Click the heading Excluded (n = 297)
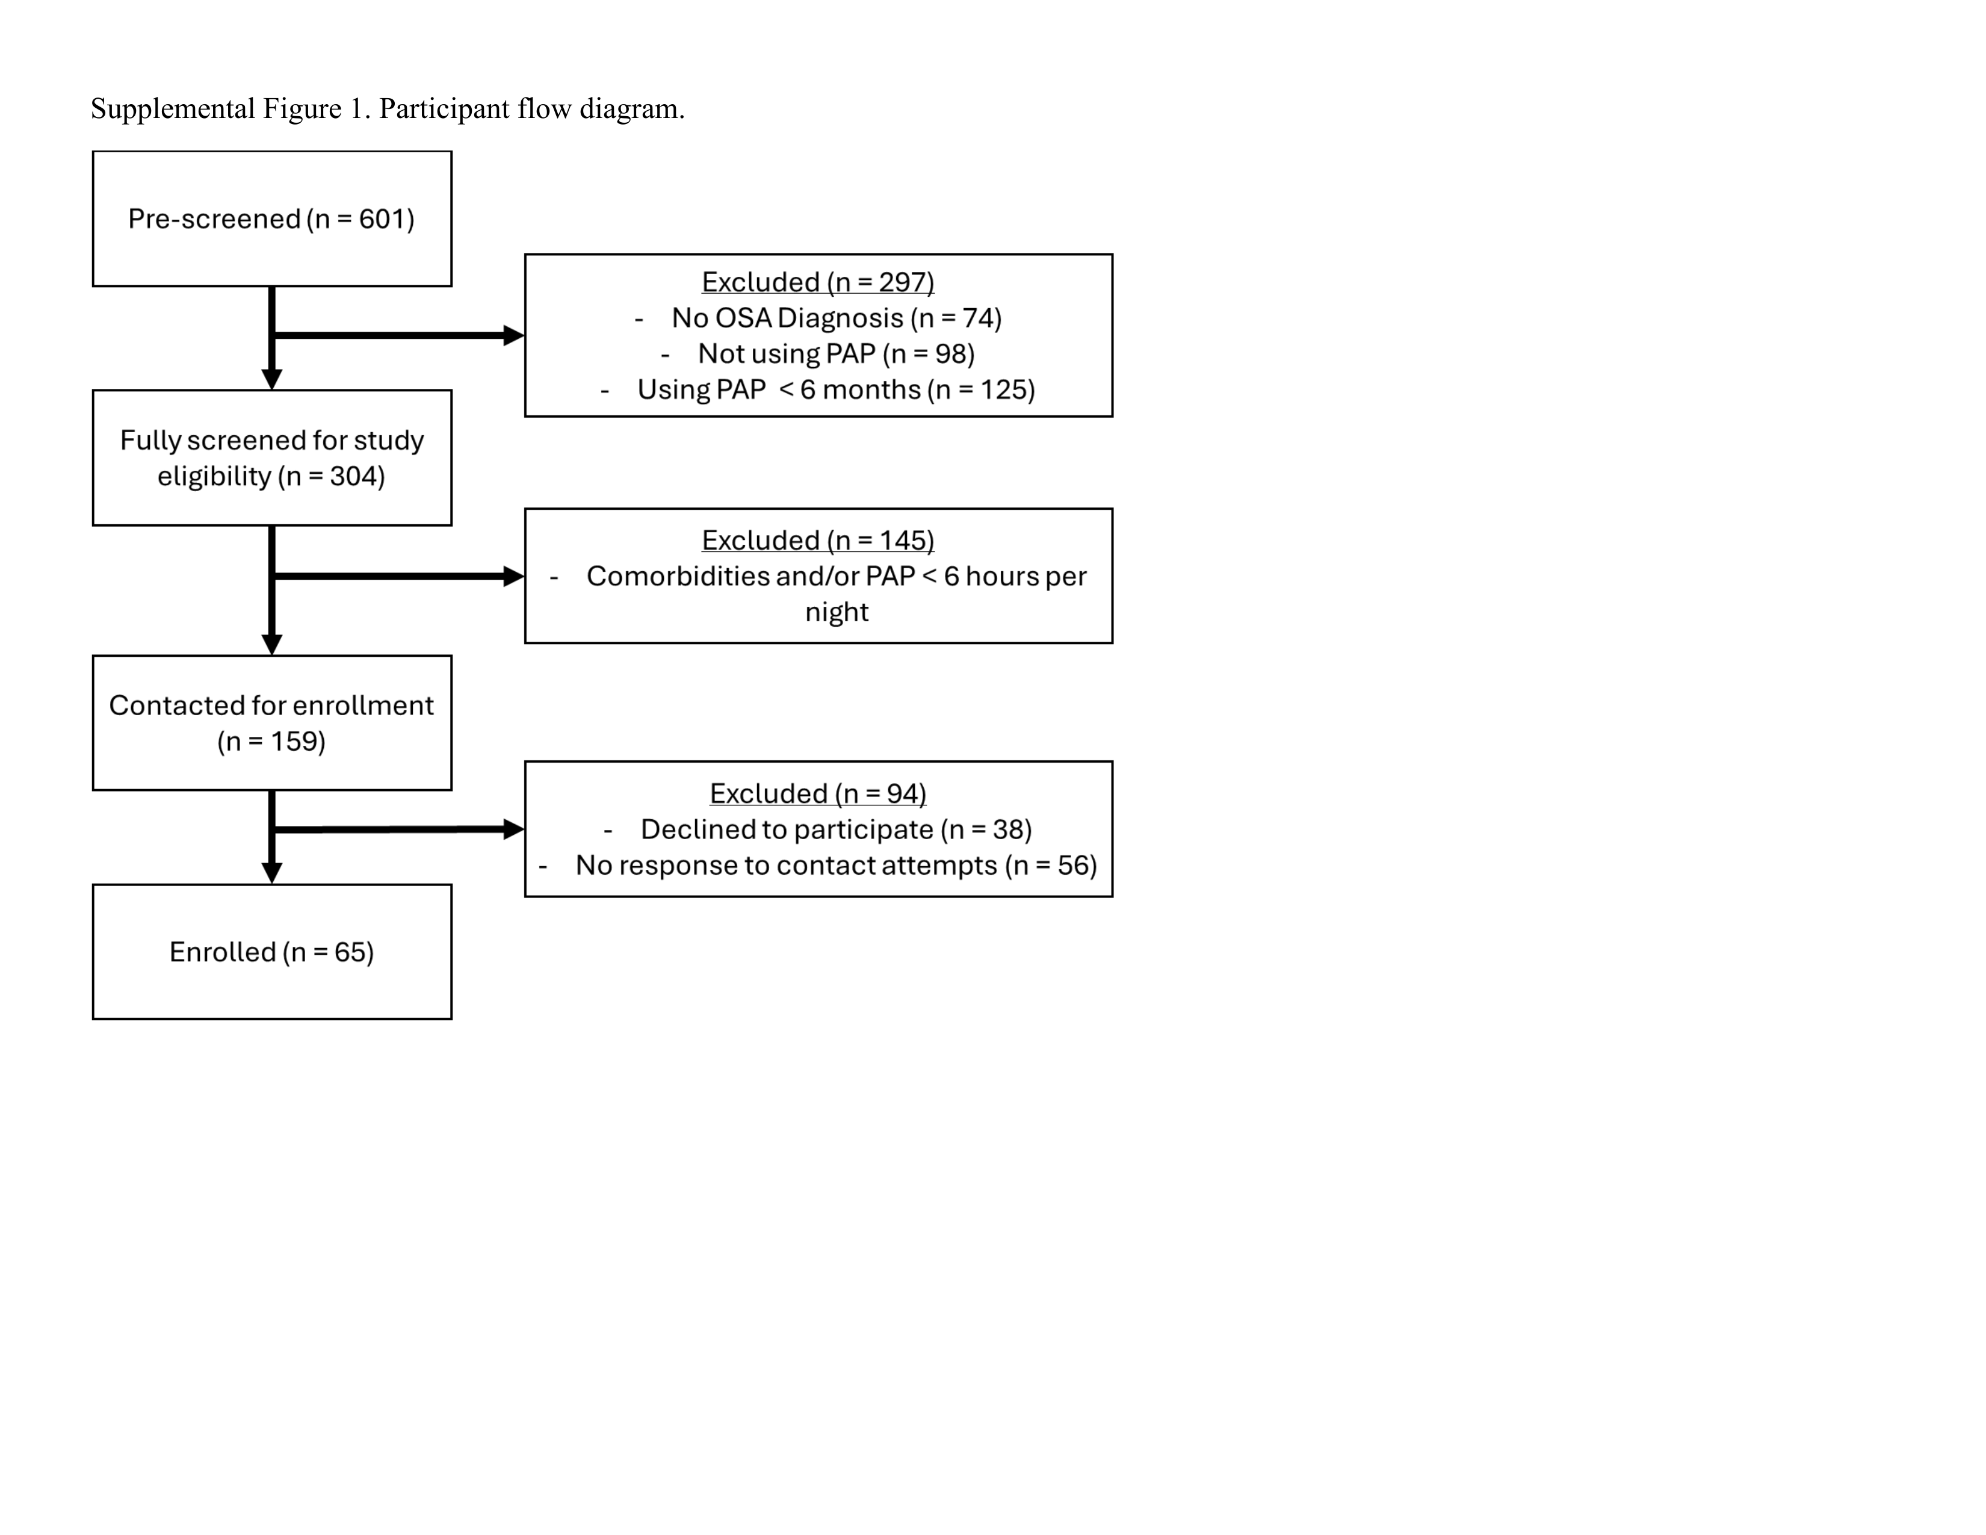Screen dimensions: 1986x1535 [817, 282]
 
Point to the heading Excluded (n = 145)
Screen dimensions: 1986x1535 [817, 540]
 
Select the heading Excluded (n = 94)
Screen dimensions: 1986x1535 [817, 793]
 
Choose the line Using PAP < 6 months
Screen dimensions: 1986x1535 [837, 389]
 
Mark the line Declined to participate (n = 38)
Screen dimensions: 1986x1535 [837, 830]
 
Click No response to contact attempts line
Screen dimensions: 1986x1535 [837, 865]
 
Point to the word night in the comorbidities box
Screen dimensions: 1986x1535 [837, 612]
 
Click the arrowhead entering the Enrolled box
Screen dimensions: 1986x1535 [272, 873]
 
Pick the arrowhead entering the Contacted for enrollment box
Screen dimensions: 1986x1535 [272, 645]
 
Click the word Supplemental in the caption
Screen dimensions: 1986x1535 [173, 109]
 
